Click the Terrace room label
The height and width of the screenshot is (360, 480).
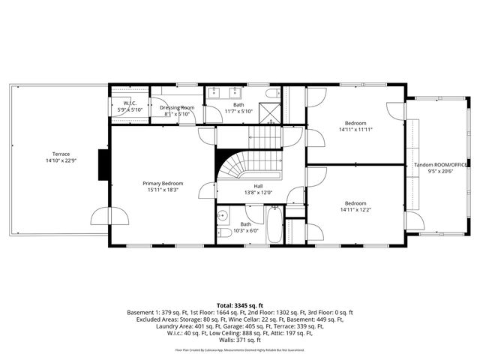pyautogui.click(x=55, y=154)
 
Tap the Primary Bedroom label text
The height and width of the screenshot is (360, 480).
pyautogui.click(x=163, y=183)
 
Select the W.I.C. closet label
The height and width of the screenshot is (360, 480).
pyautogui.click(x=129, y=103)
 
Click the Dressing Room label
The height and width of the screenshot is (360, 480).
pyautogui.click(x=177, y=107)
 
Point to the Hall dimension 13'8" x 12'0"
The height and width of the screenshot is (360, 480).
pyautogui.click(x=258, y=193)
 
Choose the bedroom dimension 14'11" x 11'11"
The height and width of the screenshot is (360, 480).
pyautogui.click(x=355, y=130)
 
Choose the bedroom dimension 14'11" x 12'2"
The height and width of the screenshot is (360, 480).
pyautogui.click(x=355, y=210)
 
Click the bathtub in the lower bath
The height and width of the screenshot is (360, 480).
pyautogui.click(x=274, y=226)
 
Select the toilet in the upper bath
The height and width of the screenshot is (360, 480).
pyautogui.click(x=272, y=94)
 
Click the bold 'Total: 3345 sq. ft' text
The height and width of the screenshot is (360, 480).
pyautogui.click(x=239, y=305)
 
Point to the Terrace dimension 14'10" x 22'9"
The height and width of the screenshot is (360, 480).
pyautogui.click(x=55, y=160)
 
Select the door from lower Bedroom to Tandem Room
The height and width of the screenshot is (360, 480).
pyautogui.click(x=412, y=220)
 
